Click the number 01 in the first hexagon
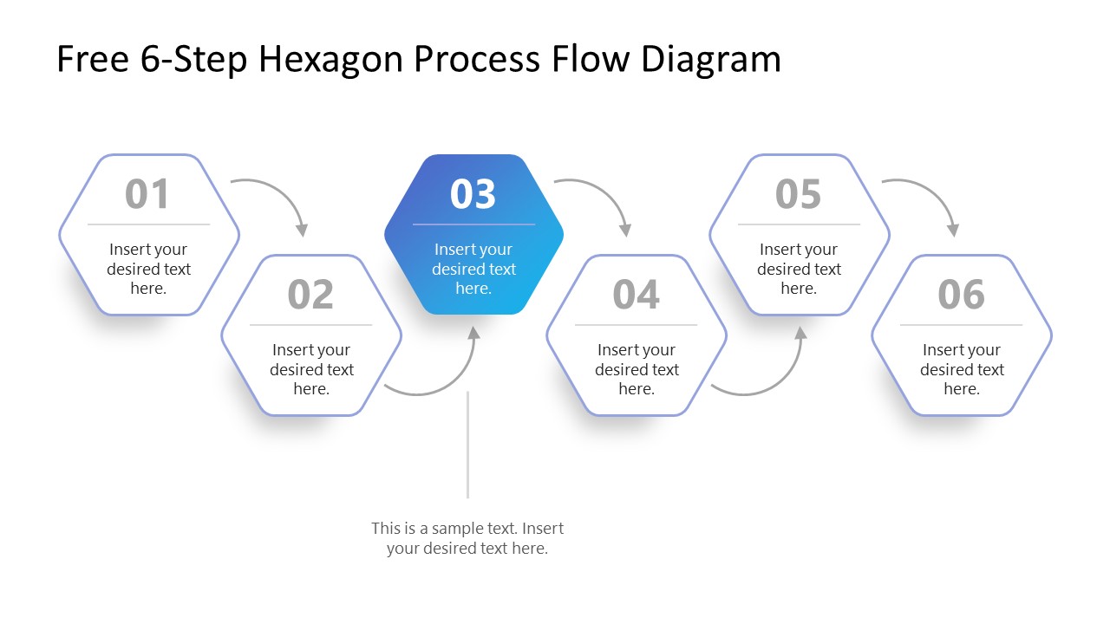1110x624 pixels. point(147,194)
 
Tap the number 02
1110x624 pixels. point(310,295)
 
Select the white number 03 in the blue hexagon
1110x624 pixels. point(473,194)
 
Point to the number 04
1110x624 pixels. point(636,295)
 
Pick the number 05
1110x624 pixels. point(798,194)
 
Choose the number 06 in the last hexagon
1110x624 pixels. point(961,295)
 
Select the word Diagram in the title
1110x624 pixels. point(711,59)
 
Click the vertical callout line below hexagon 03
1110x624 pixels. point(467,444)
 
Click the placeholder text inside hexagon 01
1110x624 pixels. point(148,269)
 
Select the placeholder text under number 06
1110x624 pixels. point(961,369)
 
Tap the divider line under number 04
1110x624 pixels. point(636,325)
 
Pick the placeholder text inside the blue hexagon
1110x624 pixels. point(473,269)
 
